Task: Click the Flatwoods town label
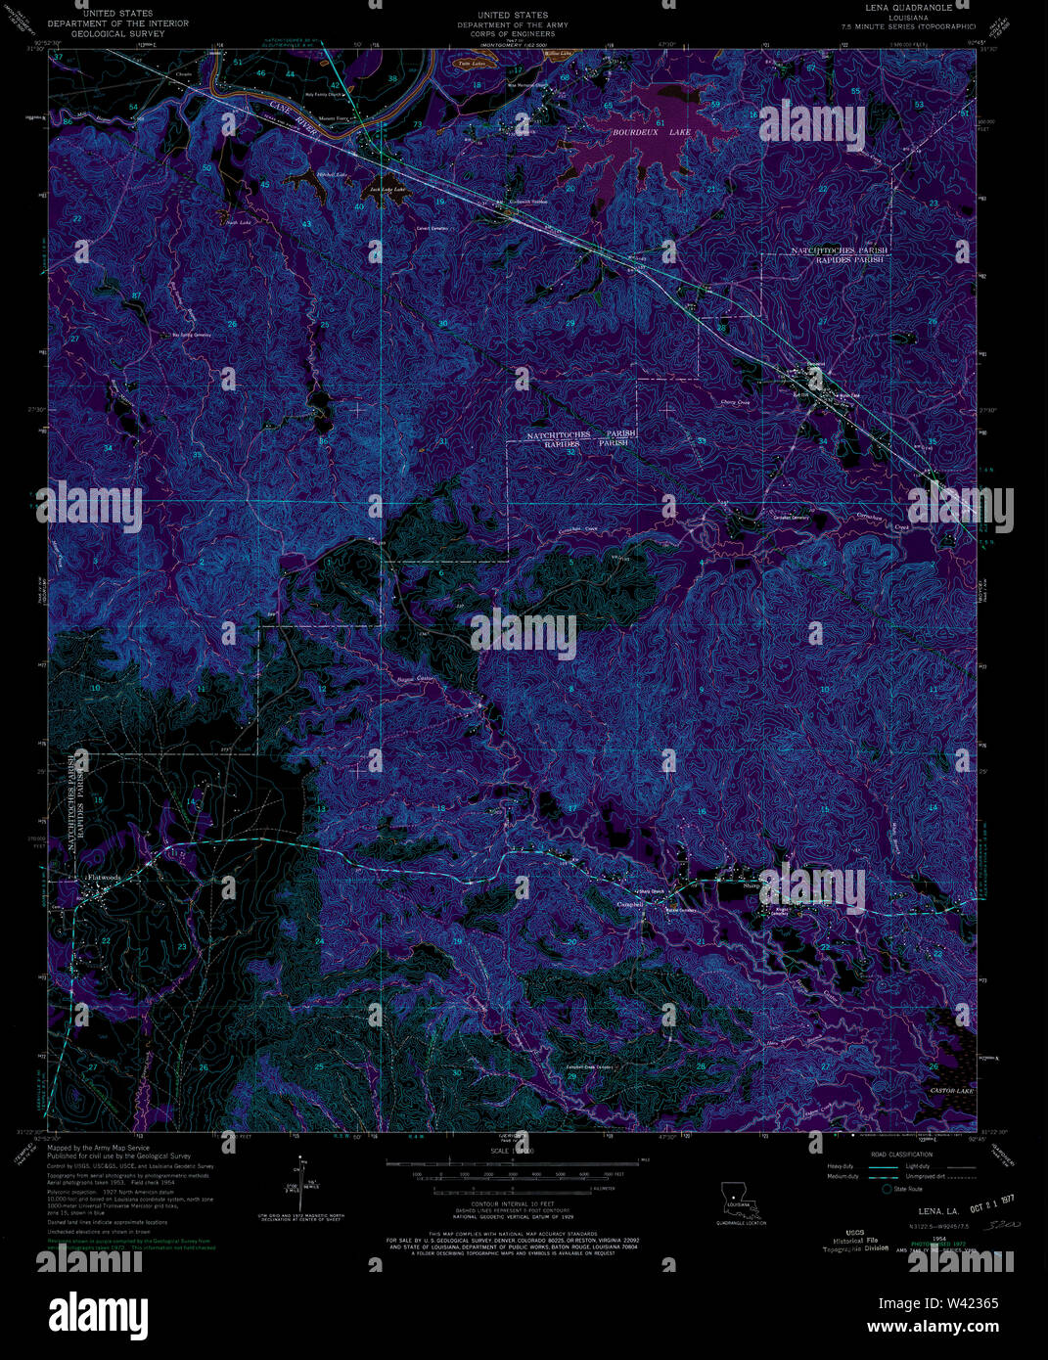coord(102,878)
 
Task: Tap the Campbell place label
coord(630,905)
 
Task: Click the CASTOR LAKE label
coord(951,1090)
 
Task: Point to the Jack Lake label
coord(387,189)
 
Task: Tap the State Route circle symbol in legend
coord(887,1189)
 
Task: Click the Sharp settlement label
coord(752,885)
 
